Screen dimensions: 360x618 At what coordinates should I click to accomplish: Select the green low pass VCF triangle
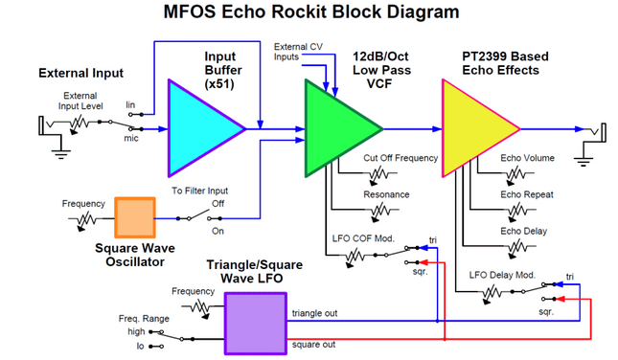pyautogui.click(x=335, y=127)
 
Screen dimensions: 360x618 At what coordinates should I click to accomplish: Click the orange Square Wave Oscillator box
pyautogui.click(x=134, y=217)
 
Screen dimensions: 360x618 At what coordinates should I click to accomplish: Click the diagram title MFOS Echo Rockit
pyautogui.click(x=309, y=12)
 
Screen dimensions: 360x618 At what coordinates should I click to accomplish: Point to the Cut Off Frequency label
pyautogui.click(x=401, y=158)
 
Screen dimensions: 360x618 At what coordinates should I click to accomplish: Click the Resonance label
pyautogui.click(x=386, y=194)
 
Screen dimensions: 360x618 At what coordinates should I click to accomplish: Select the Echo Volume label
pyautogui.click(x=527, y=158)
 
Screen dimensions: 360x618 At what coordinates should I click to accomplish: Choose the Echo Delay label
pyautogui.click(x=524, y=230)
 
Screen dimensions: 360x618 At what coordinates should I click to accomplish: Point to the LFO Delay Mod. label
pyautogui.click(x=502, y=275)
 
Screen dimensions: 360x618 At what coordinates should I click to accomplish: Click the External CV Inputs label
pyautogui.click(x=299, y=52)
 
